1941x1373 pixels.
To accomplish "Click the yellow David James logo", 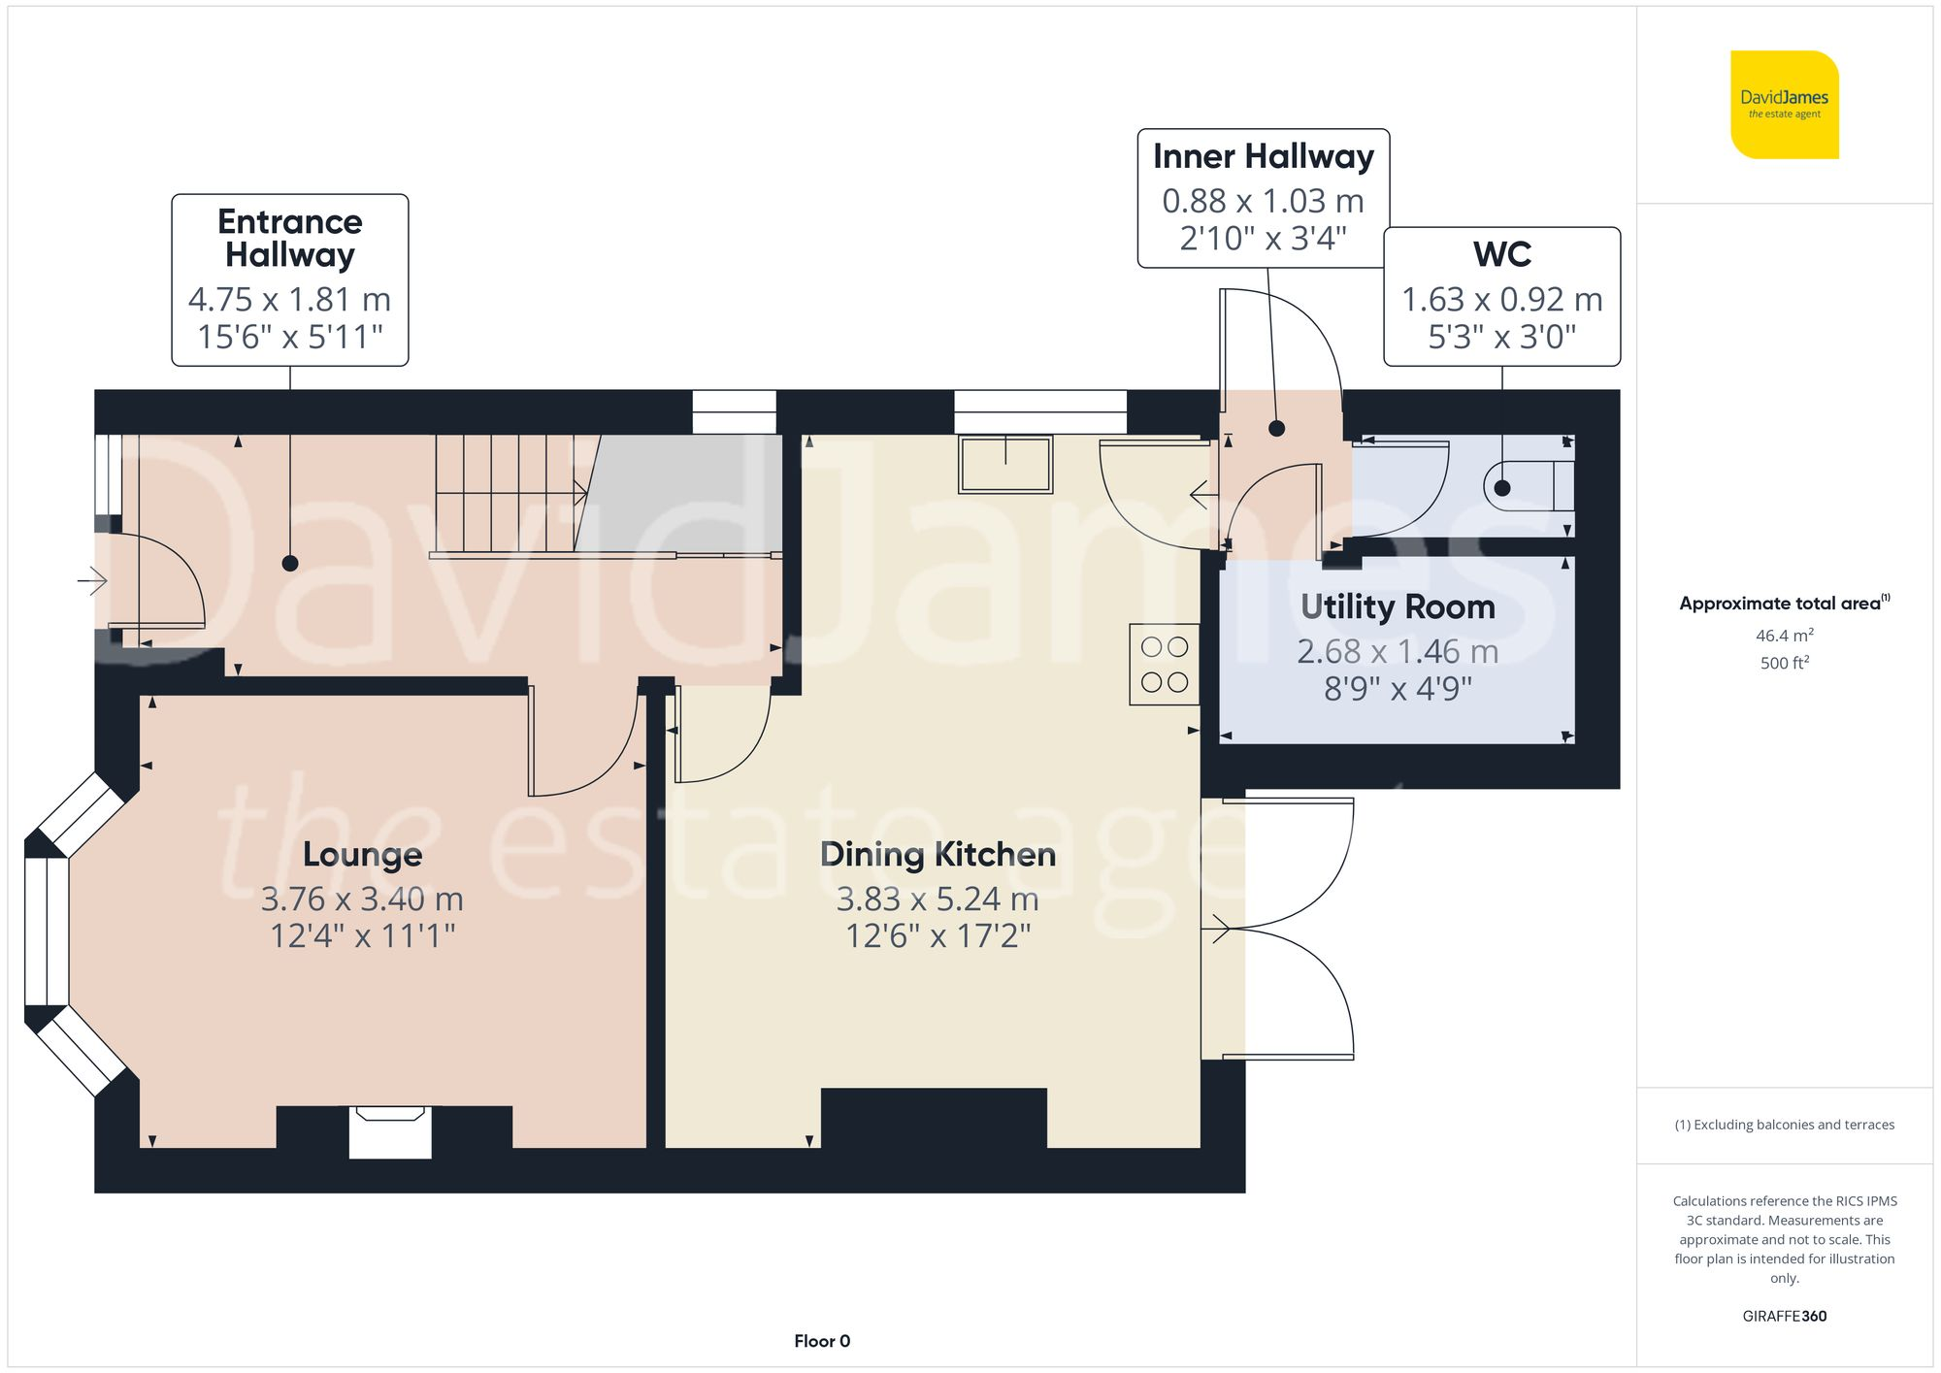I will click(x=1784, y=105).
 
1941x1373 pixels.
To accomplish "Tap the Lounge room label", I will click(x=362, y=854).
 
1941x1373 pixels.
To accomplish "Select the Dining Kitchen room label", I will click(x=938, y=854).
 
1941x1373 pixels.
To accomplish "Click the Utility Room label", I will click(x=1398, y=606).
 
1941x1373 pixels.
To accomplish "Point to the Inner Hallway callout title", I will click(x=1263, y=156).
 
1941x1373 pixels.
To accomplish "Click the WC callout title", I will click(x=1501, y=254).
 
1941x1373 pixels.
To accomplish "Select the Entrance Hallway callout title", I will click(x=289, y=238).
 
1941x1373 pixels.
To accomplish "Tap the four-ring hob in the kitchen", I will click(x=1165, y=664).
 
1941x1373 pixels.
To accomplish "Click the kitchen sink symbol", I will click(x=1005, y=464).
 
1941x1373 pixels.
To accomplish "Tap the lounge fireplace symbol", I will click(x=390, y=1130).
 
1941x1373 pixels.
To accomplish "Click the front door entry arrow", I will click(x=92, y=581).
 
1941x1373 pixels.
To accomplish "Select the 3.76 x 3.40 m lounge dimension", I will click(x=362, y=899).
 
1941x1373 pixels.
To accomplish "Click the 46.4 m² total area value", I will click(x=1784, y=636).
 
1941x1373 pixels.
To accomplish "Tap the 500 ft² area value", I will click(x=1784, y=663).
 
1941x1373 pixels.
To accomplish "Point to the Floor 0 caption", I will click(x=822, y=1341).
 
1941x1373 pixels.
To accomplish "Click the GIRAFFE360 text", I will click(x=1784, y=1316).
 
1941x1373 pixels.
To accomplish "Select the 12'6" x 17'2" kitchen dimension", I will click(x=938, y=936).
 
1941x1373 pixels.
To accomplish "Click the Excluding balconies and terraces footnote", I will click(x=1784, y=1125).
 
